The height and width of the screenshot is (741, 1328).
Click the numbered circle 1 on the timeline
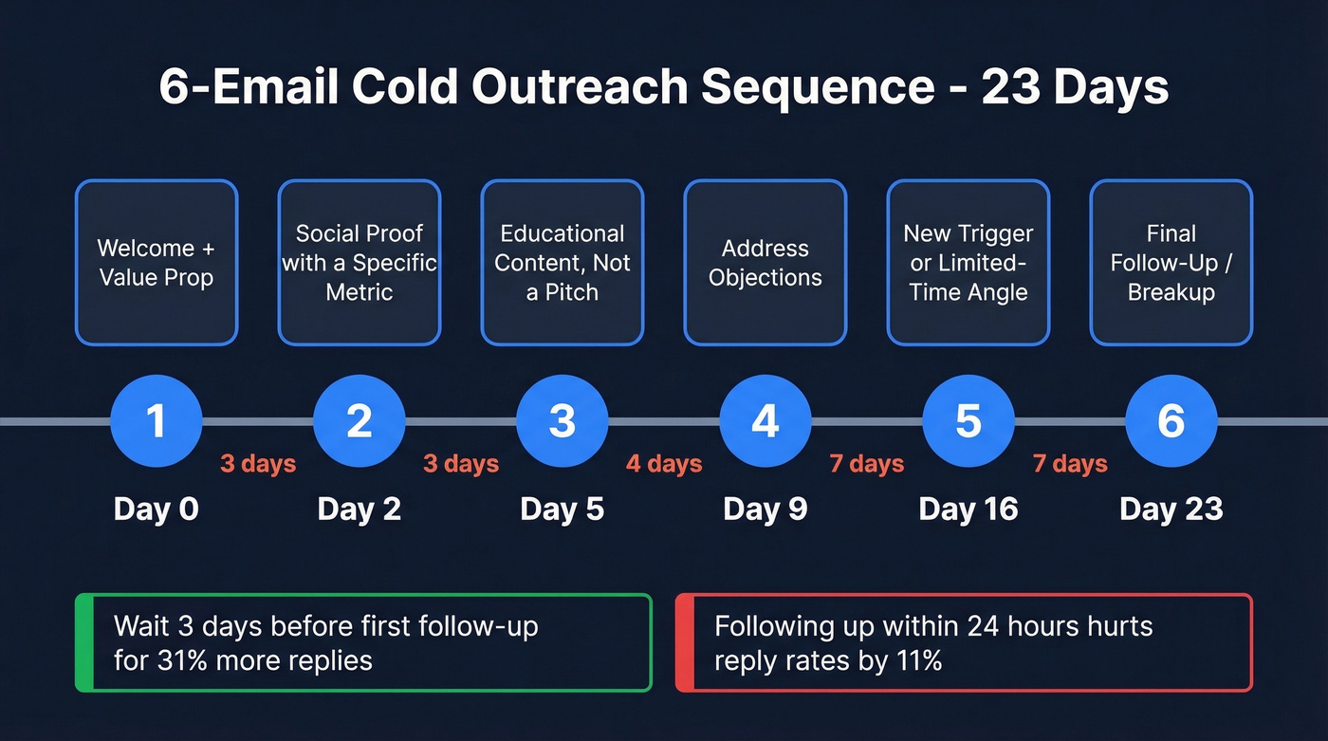(x=157, y=420)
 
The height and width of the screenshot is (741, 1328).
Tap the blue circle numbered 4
(x=765, y=420)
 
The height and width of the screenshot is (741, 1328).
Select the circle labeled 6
(x=1171, y=420)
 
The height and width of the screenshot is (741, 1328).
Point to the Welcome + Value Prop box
(x=157, y=263)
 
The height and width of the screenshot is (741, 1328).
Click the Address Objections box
(x=765, y=263)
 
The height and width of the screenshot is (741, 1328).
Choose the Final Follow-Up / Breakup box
(x=1171, y=263)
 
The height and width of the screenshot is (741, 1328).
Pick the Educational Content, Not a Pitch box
(x=562, y=263)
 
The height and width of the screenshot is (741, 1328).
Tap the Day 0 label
(x=157, y=509)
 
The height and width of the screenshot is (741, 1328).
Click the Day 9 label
(x=765, y=509)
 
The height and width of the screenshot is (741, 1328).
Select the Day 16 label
(x=968, y=509)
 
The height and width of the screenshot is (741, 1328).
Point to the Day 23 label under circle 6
(x=1171, y=509)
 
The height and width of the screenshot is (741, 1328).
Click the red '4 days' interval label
(x=664, y=464)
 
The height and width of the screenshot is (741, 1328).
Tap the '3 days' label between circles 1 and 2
(x=258, y=464)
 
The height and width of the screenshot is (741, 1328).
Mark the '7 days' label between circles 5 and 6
(x=1070, y=464)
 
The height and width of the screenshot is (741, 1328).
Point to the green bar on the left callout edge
(x=82, y=642)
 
